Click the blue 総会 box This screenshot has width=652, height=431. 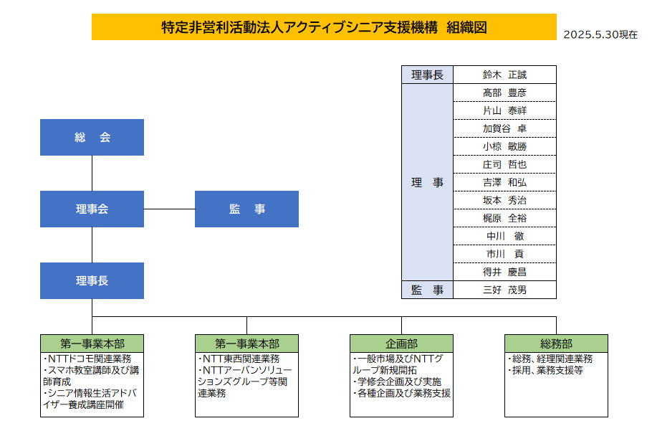point(92,137)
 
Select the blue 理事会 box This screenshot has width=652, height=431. point(92,209)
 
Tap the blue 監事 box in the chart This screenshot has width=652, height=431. point(246,209)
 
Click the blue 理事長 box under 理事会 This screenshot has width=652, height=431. point(92,281)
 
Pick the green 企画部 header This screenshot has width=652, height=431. point(401,344)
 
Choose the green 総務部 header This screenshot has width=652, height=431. point(556,344)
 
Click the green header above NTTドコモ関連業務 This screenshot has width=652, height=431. point(92,344)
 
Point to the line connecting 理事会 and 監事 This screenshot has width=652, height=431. point(169,209)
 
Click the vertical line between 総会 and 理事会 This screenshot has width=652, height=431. point(92,173)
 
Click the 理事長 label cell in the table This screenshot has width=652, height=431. point(427,75)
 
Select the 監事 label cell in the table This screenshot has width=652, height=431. point(427,290)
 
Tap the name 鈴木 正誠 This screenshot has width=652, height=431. point(504,75)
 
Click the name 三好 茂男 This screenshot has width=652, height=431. point(504,290)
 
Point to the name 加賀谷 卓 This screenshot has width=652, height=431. point(504,128)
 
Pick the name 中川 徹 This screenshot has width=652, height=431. point(505,237)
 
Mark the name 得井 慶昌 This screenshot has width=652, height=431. point(504,272)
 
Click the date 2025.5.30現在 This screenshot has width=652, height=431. point(600,34)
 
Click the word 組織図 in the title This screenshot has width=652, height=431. point(466,27)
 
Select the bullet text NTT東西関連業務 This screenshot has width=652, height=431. point(239,359)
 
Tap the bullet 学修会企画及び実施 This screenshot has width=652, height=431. point(397,382)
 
